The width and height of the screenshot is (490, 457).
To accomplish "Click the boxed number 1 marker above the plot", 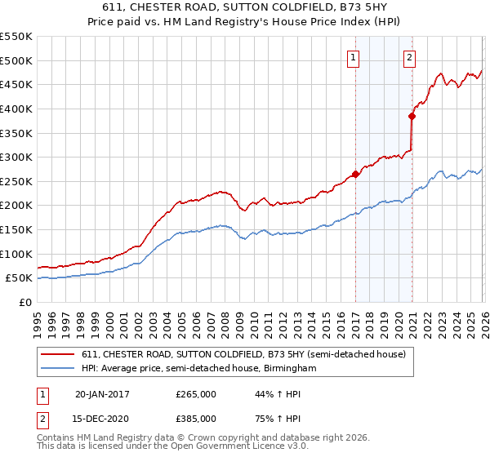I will (354, 57).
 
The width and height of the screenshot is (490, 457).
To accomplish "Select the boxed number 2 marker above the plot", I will (409, 57).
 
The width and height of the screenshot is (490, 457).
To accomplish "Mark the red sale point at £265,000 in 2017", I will (355, 174).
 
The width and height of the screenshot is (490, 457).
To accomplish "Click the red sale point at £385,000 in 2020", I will (412, 116).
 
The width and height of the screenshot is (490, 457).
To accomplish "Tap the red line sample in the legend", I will (59, 354).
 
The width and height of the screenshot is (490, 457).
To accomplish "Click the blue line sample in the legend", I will (59, 369).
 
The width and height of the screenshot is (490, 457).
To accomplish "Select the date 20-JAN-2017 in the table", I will (102, 394).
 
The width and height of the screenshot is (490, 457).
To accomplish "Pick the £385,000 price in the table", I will (196, 418).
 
